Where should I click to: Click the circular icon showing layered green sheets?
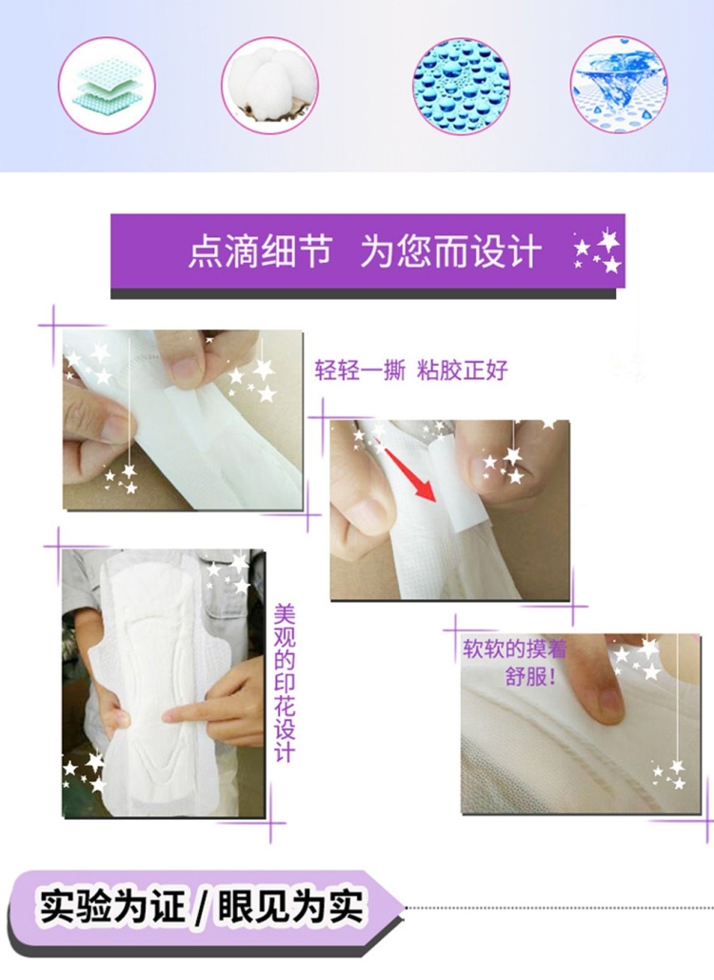(x=107, y=86)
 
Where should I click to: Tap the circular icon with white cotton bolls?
(x=269, y=86)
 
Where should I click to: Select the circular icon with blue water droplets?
(x=461, y=86)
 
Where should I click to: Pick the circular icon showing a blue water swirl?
(x=619, y=85)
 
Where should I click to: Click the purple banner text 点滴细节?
(x=260, y=251)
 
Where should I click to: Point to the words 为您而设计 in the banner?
(x=450, y=251)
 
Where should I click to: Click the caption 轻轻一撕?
(x=360, y=370)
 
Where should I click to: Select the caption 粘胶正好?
(x=463, y=370)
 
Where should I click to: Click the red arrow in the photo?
(x=409, y=473)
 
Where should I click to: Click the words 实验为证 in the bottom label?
(x=112, y=907)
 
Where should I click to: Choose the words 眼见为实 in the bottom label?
(x=289, y=907)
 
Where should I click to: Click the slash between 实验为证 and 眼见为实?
(x=201, y=908)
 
